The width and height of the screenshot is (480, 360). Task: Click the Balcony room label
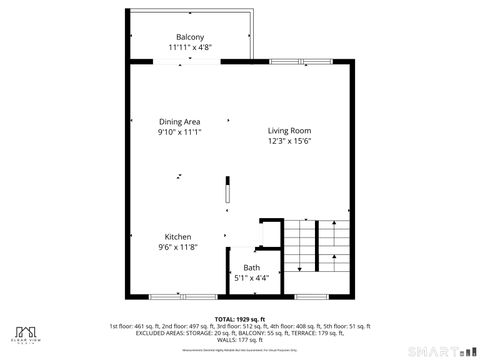click(x=190, y=37)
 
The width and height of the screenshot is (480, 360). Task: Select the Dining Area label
click(x=180, y=122)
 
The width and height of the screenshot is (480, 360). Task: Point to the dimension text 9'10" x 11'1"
click(x=180, y=132)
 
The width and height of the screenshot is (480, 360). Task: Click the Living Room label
click(x=290, y=131)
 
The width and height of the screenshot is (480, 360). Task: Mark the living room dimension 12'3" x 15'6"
click(x=290, y=141)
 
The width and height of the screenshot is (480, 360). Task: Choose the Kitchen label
click(x=178, y=237)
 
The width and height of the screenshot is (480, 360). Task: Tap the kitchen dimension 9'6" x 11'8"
click(x=178, y=247)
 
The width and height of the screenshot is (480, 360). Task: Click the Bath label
click(x=251, y=268)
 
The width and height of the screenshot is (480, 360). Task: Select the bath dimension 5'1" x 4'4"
click(x=251, y=278)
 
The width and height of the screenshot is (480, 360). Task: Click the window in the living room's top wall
click(x=288, y=61)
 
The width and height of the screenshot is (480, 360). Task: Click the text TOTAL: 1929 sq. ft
click(x=239, y=318)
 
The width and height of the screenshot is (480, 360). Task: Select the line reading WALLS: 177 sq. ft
click(x=240, y=338)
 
